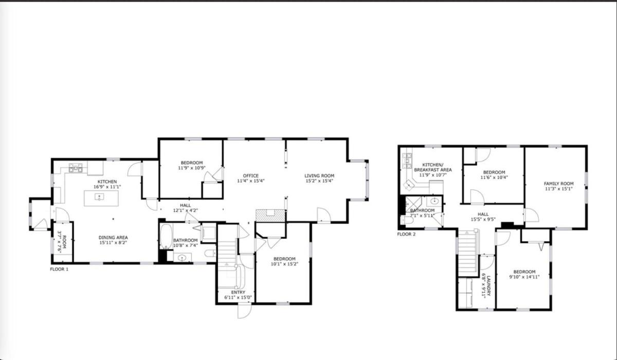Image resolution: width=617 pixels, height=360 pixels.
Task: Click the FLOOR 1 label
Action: (59, 269)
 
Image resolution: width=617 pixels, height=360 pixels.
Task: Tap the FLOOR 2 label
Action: (406, 234)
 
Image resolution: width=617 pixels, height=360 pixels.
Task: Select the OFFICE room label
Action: (251, 176)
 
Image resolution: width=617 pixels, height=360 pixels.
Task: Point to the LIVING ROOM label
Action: (319, 176)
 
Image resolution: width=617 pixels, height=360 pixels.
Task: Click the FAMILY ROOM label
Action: (558, 184)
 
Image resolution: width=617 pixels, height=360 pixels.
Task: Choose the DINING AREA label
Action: (113, 238)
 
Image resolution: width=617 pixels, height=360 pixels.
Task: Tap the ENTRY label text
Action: (238, 292)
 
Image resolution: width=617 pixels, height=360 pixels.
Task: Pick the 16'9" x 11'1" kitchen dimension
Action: (107, 187)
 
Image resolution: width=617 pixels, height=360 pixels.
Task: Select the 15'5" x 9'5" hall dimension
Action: (483, 219)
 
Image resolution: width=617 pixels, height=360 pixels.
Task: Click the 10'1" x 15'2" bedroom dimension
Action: (284, 264)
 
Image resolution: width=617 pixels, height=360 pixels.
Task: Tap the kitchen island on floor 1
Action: (101, 198)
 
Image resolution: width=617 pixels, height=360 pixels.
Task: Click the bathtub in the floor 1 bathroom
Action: (167, 237)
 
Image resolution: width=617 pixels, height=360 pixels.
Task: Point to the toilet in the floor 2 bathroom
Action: (407, 220)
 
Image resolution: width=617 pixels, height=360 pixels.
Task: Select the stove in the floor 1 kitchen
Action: (76, 168)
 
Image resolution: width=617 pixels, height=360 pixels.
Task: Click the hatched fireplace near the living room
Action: (270, 215)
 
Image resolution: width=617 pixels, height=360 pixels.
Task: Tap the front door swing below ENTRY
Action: (245, 311)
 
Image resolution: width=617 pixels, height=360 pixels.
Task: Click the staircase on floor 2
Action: (467, 252)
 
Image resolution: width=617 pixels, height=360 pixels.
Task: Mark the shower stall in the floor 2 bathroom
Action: (413, 204)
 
